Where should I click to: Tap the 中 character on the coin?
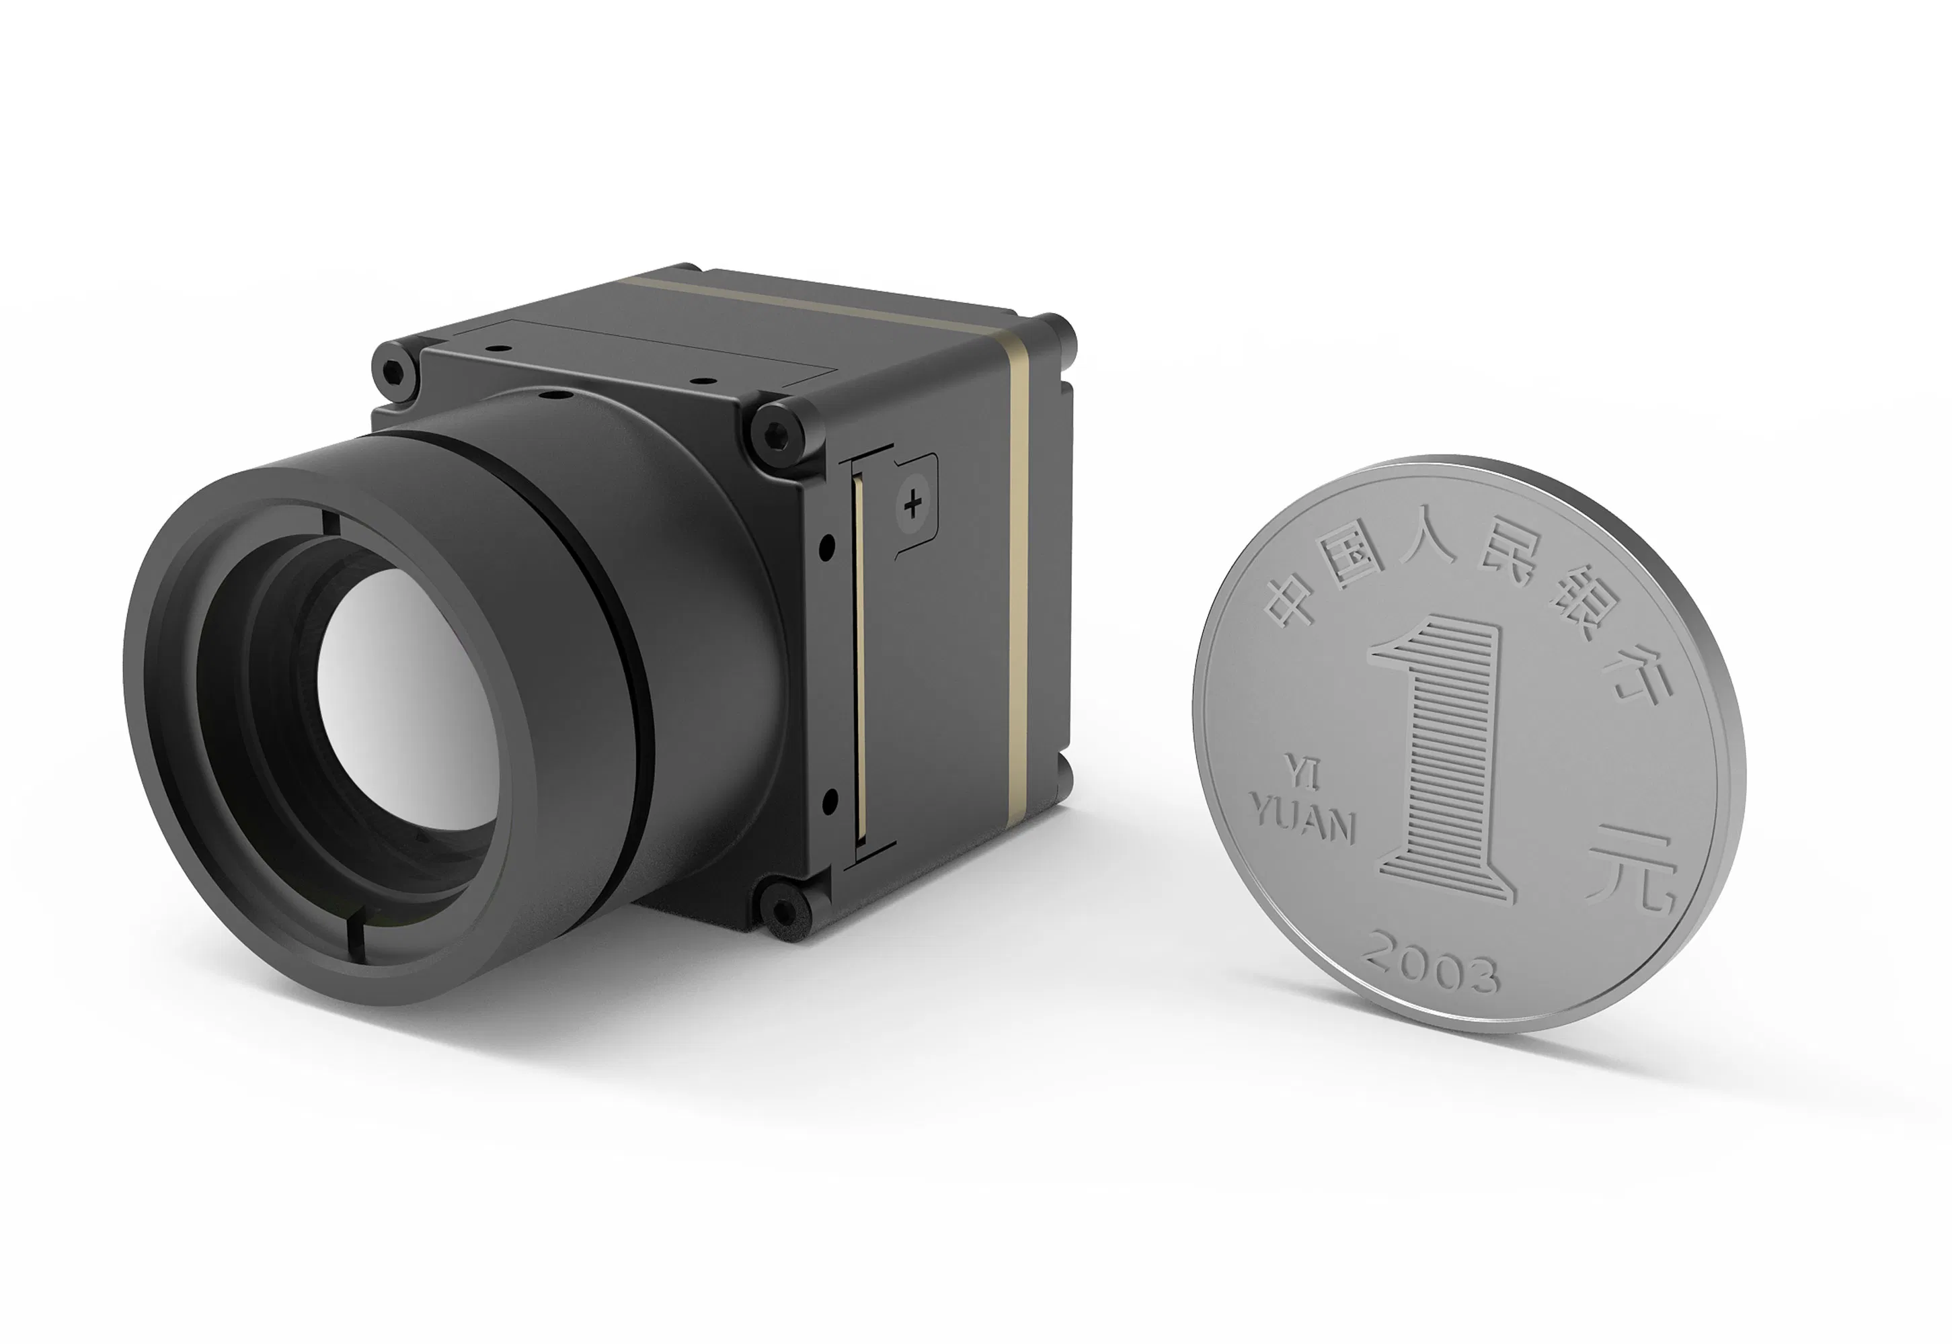point(1293,600)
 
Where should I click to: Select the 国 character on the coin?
point(1354,556)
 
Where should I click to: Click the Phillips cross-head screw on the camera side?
point(912,505)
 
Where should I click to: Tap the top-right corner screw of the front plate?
point(777,435)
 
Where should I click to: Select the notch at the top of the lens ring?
point(329,522)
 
